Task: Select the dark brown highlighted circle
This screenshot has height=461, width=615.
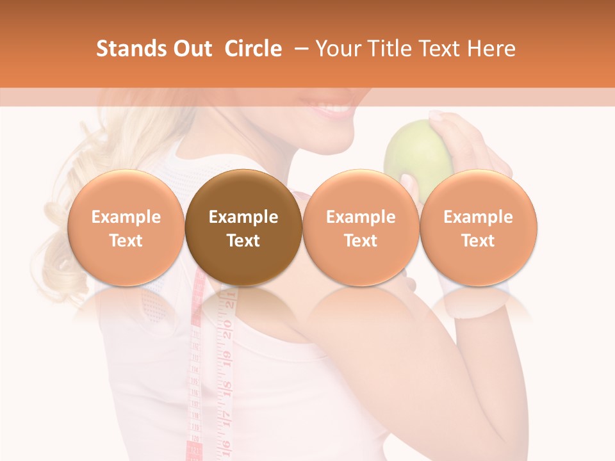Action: pyautogui.click(x=243, y=228)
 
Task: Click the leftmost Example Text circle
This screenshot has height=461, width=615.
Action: pyautogui.click(x=126, y=228)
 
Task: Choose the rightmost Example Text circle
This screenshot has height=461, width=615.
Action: pyautogui.click(x=479, y=228)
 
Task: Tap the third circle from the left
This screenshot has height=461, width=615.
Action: pyautogui.click(x=361, y=228)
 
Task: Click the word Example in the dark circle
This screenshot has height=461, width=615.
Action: pyautogui.click(x=243, y=217)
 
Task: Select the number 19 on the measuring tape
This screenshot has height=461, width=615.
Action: pyautogui.click(x=226, y=359)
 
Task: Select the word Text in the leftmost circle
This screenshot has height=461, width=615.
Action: pyautogui.click(x=126, y=241)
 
